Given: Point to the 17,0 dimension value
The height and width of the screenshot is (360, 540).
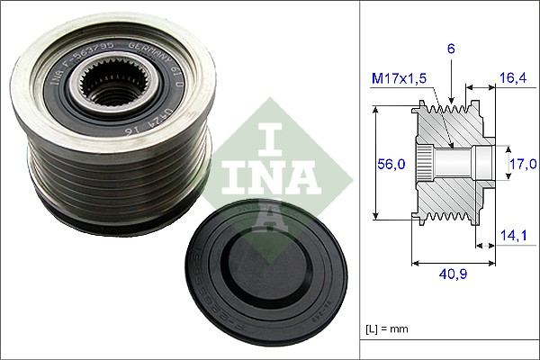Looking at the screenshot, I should coord(522,164).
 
